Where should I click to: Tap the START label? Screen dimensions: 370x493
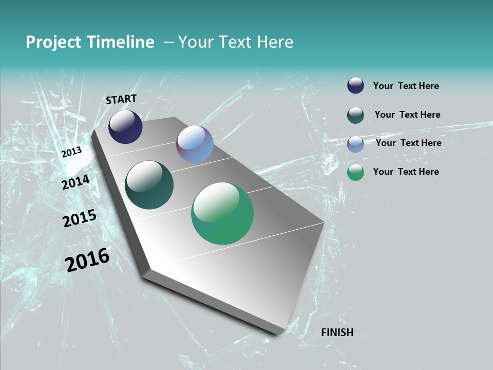click(121, 99)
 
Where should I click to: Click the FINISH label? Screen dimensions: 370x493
click(337, 332)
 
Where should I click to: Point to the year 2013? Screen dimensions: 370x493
click(72, 152)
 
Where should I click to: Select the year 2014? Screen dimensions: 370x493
click(76, 182)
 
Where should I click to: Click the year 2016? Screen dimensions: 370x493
click(87, 260)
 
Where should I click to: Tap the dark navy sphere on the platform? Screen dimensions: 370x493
click(125, 127)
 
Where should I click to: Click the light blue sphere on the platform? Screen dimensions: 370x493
click(195, 144)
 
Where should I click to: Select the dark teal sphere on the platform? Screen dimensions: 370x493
click(149, 185)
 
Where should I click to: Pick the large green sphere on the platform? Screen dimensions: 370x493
click(222, 213)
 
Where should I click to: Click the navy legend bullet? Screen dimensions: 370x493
click(355, 86)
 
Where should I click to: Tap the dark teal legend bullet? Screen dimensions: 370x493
click(355, 115)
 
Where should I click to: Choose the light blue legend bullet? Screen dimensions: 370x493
click(355, 144)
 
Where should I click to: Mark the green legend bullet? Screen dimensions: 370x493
click(355, 172)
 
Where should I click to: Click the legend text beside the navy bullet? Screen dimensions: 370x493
click(406, 86)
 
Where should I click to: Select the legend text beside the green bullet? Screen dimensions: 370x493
click(406, 172)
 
